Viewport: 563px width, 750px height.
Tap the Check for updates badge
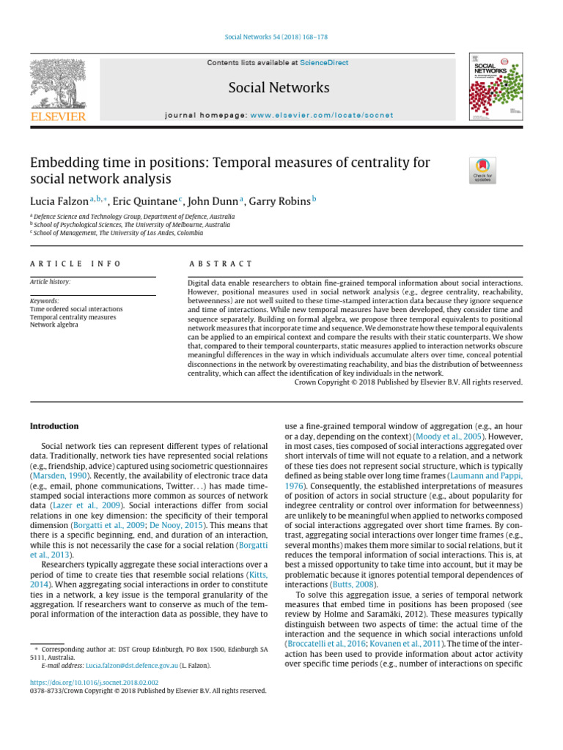482,170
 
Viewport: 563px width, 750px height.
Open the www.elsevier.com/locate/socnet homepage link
323,115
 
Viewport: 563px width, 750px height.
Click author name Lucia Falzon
59,201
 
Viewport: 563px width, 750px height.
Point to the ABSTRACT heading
220,264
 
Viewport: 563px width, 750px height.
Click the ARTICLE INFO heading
76,264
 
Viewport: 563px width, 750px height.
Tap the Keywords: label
45,301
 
